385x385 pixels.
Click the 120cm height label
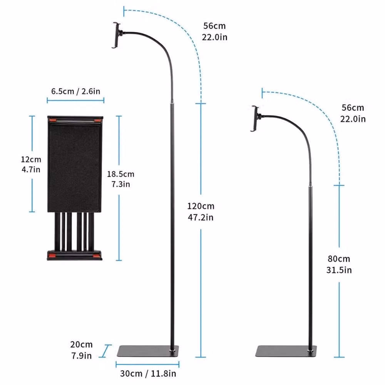coord(201,206)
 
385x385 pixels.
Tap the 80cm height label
coord(339,259)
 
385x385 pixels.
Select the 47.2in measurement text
coord(201,217)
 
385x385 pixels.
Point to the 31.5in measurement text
coord(339,270)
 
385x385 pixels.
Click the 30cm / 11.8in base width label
coord(148,373)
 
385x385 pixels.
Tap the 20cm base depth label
coord(81,345)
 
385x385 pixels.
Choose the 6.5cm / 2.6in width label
coord(75,91)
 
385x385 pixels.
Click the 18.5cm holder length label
coord(121,174)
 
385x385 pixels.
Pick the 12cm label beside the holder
coord(31,159)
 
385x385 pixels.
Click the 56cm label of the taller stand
coord(214,26)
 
